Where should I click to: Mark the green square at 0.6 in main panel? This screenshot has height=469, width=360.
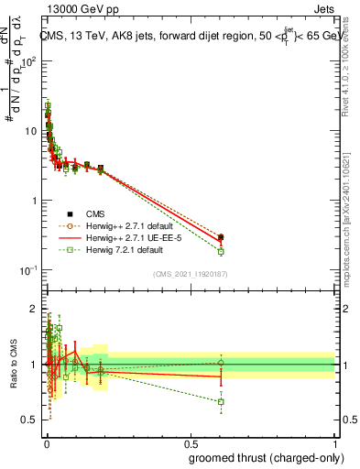[221, 252]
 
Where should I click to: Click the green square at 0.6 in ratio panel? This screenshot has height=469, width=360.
[221, 401]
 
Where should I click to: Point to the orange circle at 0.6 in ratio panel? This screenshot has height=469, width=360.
[221, 363]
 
